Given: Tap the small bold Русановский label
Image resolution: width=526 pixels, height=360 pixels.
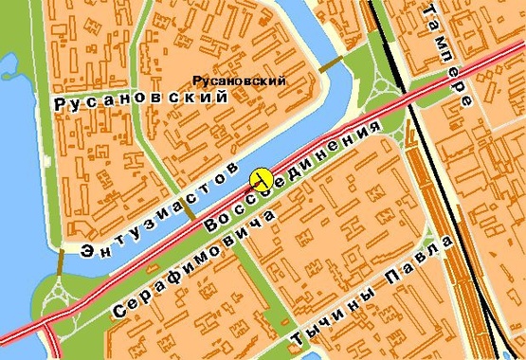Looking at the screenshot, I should tap(239, 81).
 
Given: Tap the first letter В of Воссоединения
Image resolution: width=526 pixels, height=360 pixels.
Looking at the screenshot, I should tap(211, 227).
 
